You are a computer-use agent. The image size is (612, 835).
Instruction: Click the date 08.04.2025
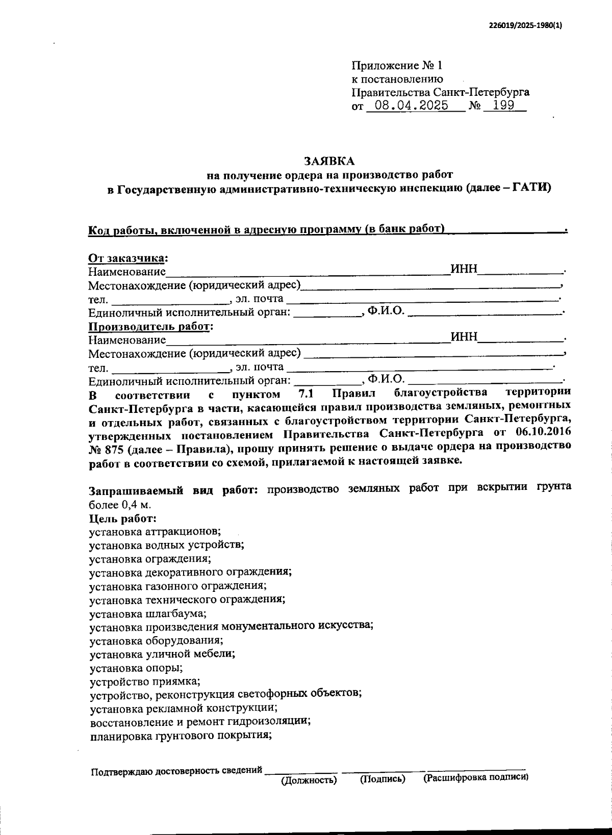411,106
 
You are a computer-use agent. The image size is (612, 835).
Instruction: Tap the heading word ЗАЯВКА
329,161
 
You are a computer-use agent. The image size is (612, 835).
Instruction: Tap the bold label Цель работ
122,518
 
